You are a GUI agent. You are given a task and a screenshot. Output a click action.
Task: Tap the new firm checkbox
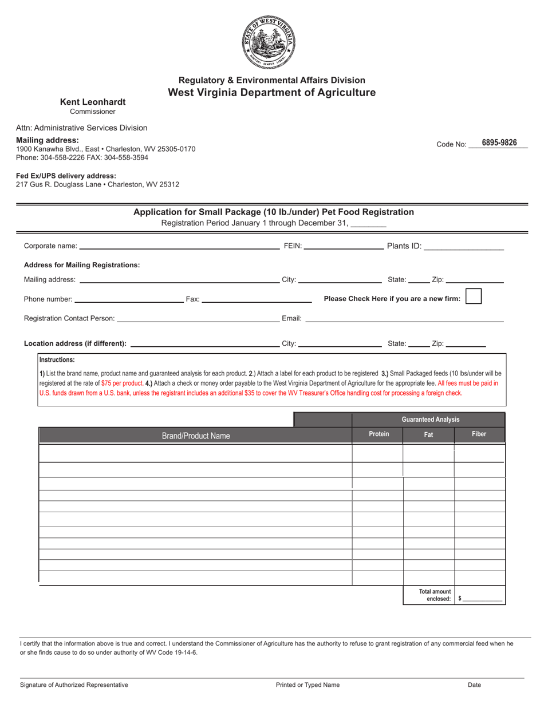[473, 296]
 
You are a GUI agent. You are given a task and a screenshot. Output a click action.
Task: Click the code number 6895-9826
[499, 143]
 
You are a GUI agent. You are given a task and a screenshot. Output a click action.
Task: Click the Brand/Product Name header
[196, 436]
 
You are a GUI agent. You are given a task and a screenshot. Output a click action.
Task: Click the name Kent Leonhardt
[93, 102]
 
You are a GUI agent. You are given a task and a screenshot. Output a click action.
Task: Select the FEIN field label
[293, 246]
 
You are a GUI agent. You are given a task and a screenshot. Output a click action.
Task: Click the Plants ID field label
[404, 246]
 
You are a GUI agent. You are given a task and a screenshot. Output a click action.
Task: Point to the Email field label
[291, 318]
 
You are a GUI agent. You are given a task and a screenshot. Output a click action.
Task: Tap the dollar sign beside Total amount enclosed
[460, 599]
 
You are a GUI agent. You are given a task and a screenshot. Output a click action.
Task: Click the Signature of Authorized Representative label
[74, 685]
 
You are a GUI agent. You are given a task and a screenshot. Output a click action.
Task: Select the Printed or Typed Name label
[308, 685]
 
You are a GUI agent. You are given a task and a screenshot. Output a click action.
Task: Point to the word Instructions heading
[57, 361]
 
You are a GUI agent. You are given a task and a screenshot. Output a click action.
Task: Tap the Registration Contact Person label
[69, 318]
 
